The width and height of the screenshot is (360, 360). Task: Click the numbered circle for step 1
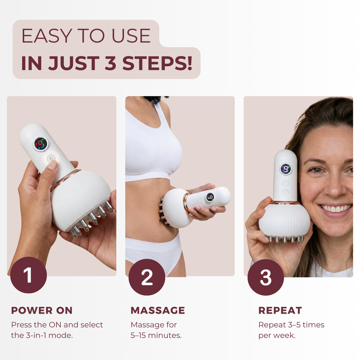pyautogui.click(x=28, y=275)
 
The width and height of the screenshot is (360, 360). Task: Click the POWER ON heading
pyautogui.click(x=42, y=310)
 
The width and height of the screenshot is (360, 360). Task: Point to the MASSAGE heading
pyautogui.click(x=158, y=310)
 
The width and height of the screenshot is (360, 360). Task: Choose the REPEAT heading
pyautogui.click(x=280, y=310)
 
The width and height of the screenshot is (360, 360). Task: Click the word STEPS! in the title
pyautogui.click(x=157, y=63)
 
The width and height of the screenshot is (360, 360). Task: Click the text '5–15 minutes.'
pyautogui.click(x=156, y=335)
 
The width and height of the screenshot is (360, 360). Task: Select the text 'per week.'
pyautogui.click(x=277, y=335)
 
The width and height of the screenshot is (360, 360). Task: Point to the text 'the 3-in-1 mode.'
pyautogui.click(x=42, y=335)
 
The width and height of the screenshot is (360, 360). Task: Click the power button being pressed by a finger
pyautogui.click(x=51, y=158)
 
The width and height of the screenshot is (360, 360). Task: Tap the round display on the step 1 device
pyautogui.click(x=41, y=144)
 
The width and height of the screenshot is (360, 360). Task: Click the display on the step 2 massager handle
pyautogui.click(x=210, y=197)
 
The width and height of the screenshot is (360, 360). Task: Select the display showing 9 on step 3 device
pyautogui.click(x=286, y=169)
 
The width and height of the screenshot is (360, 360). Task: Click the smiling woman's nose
pyautogui.click(x=334, y=189)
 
